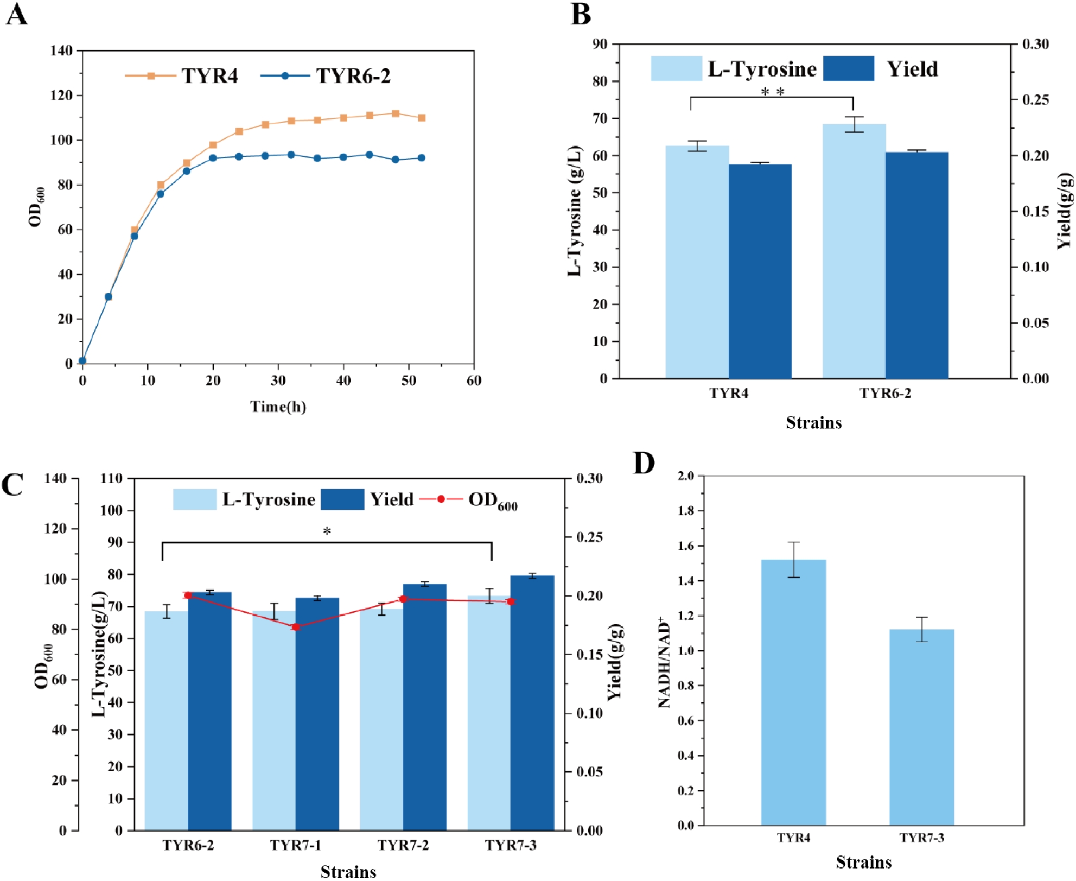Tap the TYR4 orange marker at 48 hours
(x=396, y=113)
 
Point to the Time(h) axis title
(x=278, y=407)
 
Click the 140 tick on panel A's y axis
(x=61, y=51)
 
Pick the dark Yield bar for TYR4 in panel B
(x=760, y=271)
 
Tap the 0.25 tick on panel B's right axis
(x=1035, y=100)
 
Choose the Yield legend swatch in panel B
(x=848, y=69)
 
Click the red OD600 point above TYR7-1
(x=296, y=627)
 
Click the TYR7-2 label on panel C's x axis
(x=403, y=845)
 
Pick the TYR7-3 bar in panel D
(x=921, y=727)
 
